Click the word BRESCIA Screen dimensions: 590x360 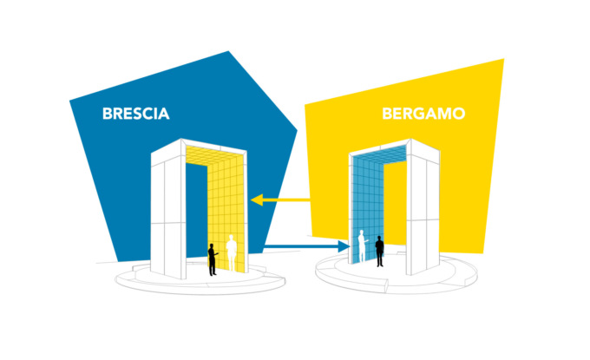136,114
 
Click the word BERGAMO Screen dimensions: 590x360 423,114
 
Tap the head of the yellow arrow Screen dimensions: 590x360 257,200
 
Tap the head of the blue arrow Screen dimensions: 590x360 344,246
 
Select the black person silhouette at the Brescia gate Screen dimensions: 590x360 213,259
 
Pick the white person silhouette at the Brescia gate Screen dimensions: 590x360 232,252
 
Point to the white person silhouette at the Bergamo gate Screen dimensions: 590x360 363,246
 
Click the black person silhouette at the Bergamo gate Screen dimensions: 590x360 379,252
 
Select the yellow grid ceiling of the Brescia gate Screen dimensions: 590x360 214,155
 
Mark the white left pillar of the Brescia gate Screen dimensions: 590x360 168,211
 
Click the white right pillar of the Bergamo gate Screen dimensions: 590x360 423,207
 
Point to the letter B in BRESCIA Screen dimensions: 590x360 108,114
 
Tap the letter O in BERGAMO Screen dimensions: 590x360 459,114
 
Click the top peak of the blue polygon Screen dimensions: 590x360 228,51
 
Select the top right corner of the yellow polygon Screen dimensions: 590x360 504,59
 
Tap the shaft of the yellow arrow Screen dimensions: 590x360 286,200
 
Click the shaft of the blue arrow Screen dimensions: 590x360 301,246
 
